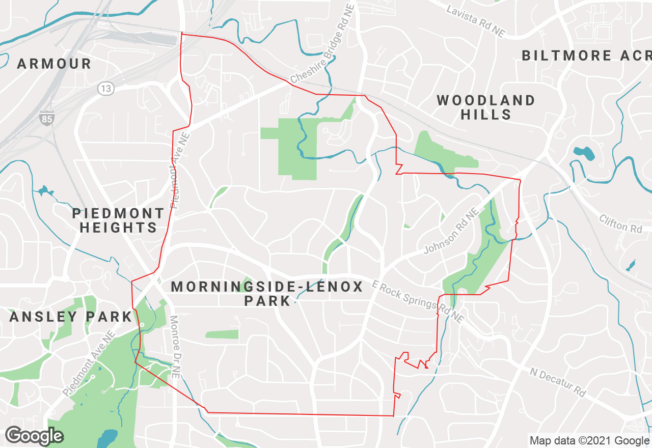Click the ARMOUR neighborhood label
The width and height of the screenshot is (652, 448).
coord(54,64)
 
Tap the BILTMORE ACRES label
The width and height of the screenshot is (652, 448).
coord(586,55)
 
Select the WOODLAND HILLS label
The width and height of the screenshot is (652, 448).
coord(486,107)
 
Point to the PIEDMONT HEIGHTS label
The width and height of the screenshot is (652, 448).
coord(118,220)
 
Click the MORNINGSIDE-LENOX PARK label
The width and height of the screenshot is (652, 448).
coord(267,293)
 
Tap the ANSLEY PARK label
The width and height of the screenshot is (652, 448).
coord(71,317)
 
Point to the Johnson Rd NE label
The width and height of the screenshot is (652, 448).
coord(452,231)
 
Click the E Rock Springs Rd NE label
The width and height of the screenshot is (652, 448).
coord(418,301)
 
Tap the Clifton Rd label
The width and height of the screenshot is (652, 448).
coord(621,223)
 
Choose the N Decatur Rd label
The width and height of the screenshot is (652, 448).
coord(558,382)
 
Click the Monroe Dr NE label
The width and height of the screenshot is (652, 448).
coord(175,346)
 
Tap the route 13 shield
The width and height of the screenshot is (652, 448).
coord(106,89)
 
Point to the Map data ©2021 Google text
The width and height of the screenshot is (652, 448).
coord(589,441)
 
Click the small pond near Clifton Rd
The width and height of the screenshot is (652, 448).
coord(631,265)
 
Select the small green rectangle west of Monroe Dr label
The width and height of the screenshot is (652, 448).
coord(222,334)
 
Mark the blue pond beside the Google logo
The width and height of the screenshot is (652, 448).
coord(107,436)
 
